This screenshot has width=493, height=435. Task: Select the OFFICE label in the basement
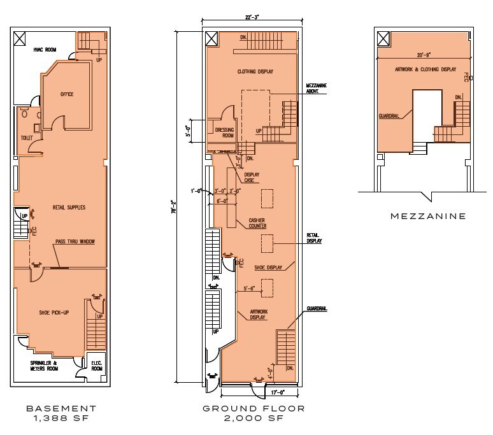click(67, 94)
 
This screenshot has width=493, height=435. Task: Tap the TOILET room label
click(25, 136)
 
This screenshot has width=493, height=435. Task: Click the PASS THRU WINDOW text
click(76, 243)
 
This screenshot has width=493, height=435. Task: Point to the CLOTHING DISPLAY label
click(255, 71)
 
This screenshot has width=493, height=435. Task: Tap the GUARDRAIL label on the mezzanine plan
click(390, 116)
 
